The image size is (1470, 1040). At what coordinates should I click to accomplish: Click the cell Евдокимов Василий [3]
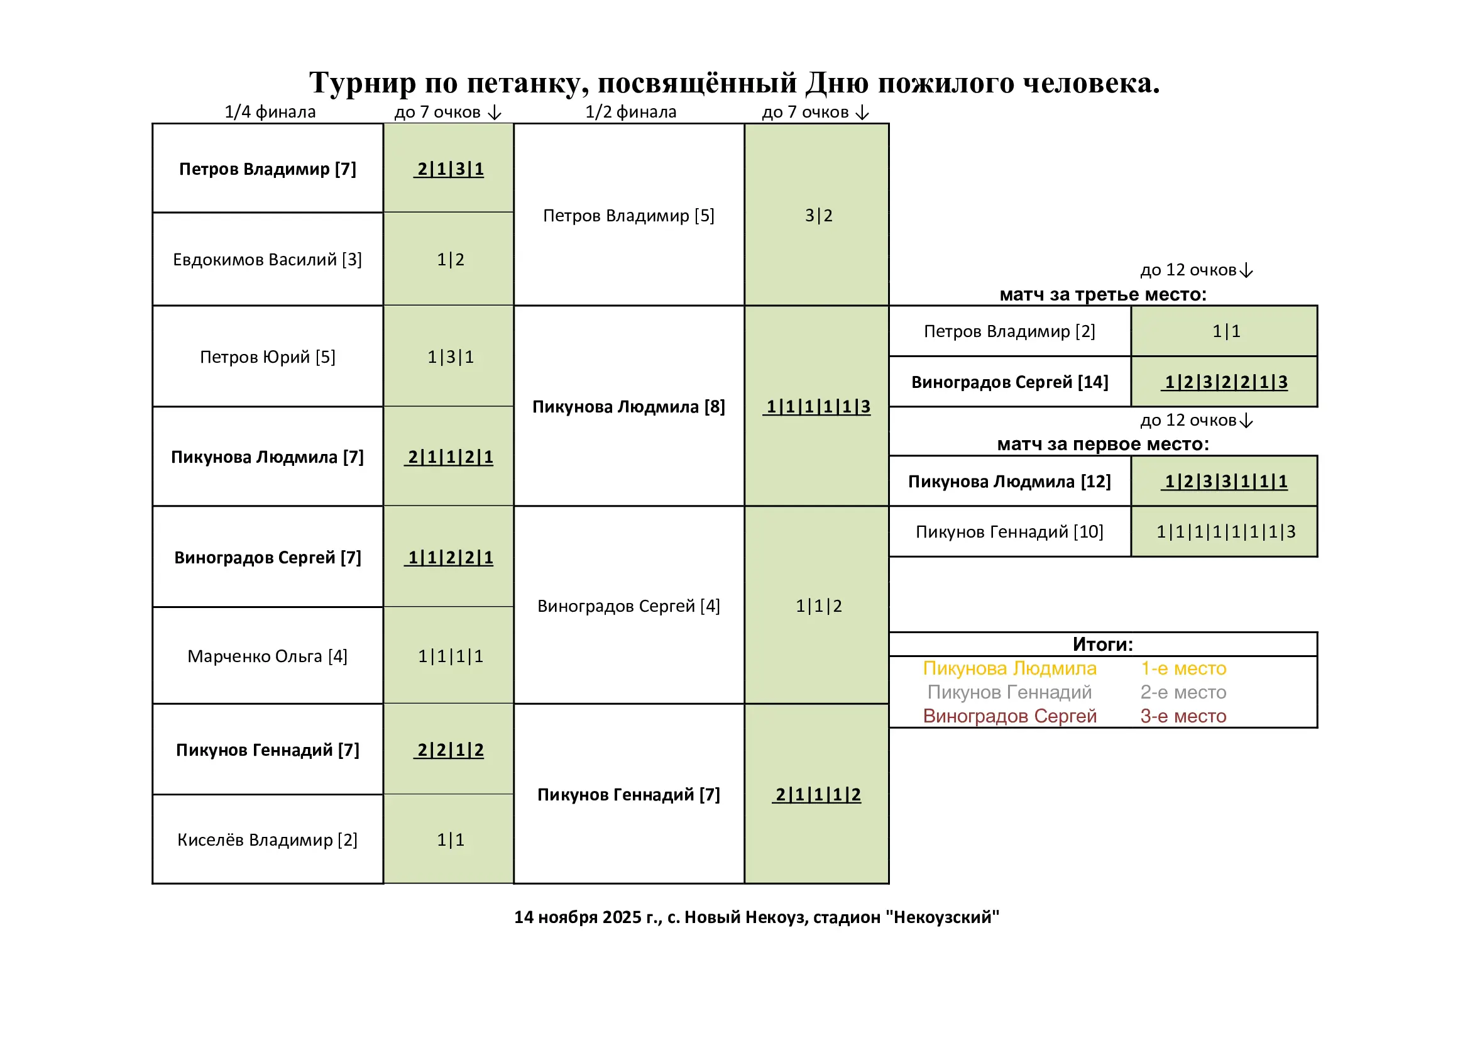pyautogui.click(x=267, y=259)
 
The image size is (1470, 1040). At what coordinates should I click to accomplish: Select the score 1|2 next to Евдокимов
pyautogui.click(x=450, y=259)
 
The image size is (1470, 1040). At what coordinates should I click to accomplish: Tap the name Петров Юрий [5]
pyautogui.click(x=267, y=357)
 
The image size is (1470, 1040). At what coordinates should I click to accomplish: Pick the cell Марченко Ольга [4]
pyautogui.click(x=267, y=656)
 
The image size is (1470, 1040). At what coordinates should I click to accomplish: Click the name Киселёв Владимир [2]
pyautogui.click(x=267, y=839)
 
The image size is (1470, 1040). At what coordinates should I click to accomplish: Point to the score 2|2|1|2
pyautogui.click(x=450, y=750)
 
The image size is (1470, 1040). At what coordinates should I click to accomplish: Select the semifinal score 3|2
pyautogui.click(x=818, y=215)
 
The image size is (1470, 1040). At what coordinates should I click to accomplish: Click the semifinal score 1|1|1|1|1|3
pyautogui.click(x=818, y=406)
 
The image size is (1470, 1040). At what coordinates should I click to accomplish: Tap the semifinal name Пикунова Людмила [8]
pyautogui.click(x=628, y=406)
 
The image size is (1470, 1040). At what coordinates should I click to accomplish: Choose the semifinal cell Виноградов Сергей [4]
pyautogui.click(x=628, y=605)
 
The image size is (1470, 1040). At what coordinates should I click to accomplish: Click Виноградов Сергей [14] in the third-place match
pyautogui.click(x=1009, y=382)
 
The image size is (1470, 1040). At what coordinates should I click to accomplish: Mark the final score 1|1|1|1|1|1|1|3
pyautogui.click(x=1226, y=531)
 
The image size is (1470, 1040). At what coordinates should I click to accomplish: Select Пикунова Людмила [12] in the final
pyautogui.click(x=1009, y=481)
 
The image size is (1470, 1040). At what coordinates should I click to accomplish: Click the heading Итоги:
pyautogui.click(x=1102, y=644)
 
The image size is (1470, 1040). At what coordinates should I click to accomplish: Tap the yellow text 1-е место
pyautogui.click(x=1183, y=668)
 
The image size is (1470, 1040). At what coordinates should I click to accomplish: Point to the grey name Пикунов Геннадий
pyautogui.click(x=1009, y=692)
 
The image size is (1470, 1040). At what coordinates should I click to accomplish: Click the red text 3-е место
pyautogui.click(x=1183, y=716)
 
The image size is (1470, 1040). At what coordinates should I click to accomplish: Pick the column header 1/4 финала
pyautogui.click(x=270, y=112)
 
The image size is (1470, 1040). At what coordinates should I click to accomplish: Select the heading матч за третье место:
pyautogui.click(x=1102, y=294)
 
